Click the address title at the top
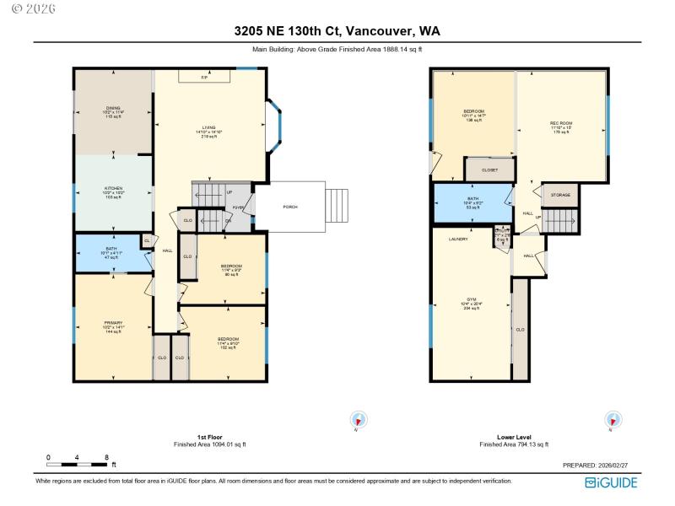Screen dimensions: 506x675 (x=337, y=31)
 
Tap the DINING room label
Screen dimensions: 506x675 (x=113, y=108)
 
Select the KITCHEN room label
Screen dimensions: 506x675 (x=113, y=188)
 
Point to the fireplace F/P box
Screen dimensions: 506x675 (x=204, y=77)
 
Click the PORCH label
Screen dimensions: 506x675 (x=289, y=207)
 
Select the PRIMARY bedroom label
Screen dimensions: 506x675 (x=113, y=323)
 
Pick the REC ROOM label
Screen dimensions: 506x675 (x=561, y=123)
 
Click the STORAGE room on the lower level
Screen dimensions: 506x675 (x=560, y=195)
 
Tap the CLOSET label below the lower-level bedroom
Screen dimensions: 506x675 (x=489, y=170)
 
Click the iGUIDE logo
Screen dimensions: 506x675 (x=611, y=482)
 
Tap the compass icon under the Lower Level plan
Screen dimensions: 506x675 (x=612, y=420)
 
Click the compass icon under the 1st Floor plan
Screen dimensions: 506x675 (x=359, y=420)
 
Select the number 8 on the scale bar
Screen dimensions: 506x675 (x=106, y=456)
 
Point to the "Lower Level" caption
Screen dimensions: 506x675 (x=513, y=437)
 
